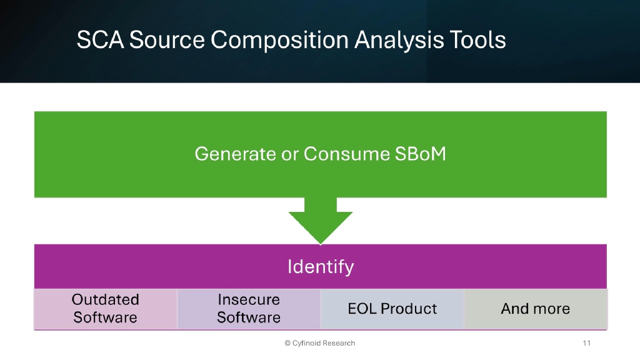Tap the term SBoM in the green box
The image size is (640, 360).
tap(421, 154)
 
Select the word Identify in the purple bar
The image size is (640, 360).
tap(321, 267)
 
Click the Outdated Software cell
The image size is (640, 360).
tap(106, 309)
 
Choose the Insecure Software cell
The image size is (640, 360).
tap(249, 309)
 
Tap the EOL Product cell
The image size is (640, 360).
tap(392, 309)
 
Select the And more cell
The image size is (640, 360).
tap(536, 309)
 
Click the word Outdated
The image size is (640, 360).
tap(106, 300)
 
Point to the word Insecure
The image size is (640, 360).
tap(249, 300)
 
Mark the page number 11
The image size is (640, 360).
tap(586, 343)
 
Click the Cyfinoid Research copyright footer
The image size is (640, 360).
tap(320, 343)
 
